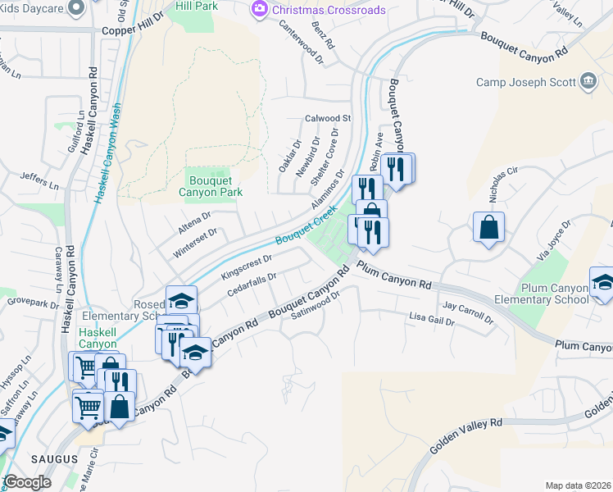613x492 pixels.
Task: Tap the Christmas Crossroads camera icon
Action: pyautogui.click(x=260, y=9)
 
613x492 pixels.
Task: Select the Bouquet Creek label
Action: pyautogui.click(x=306, y=225)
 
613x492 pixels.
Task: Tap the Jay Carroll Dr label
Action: pyautogui.click(x=467, y=312)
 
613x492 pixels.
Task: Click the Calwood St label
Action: pyautogui.click(x=328, y=118)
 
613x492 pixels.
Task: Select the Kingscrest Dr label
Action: pyautogui.click(x=247, y=266)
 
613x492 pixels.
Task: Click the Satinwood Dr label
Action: pyautogui.click(x=316, y=312)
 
